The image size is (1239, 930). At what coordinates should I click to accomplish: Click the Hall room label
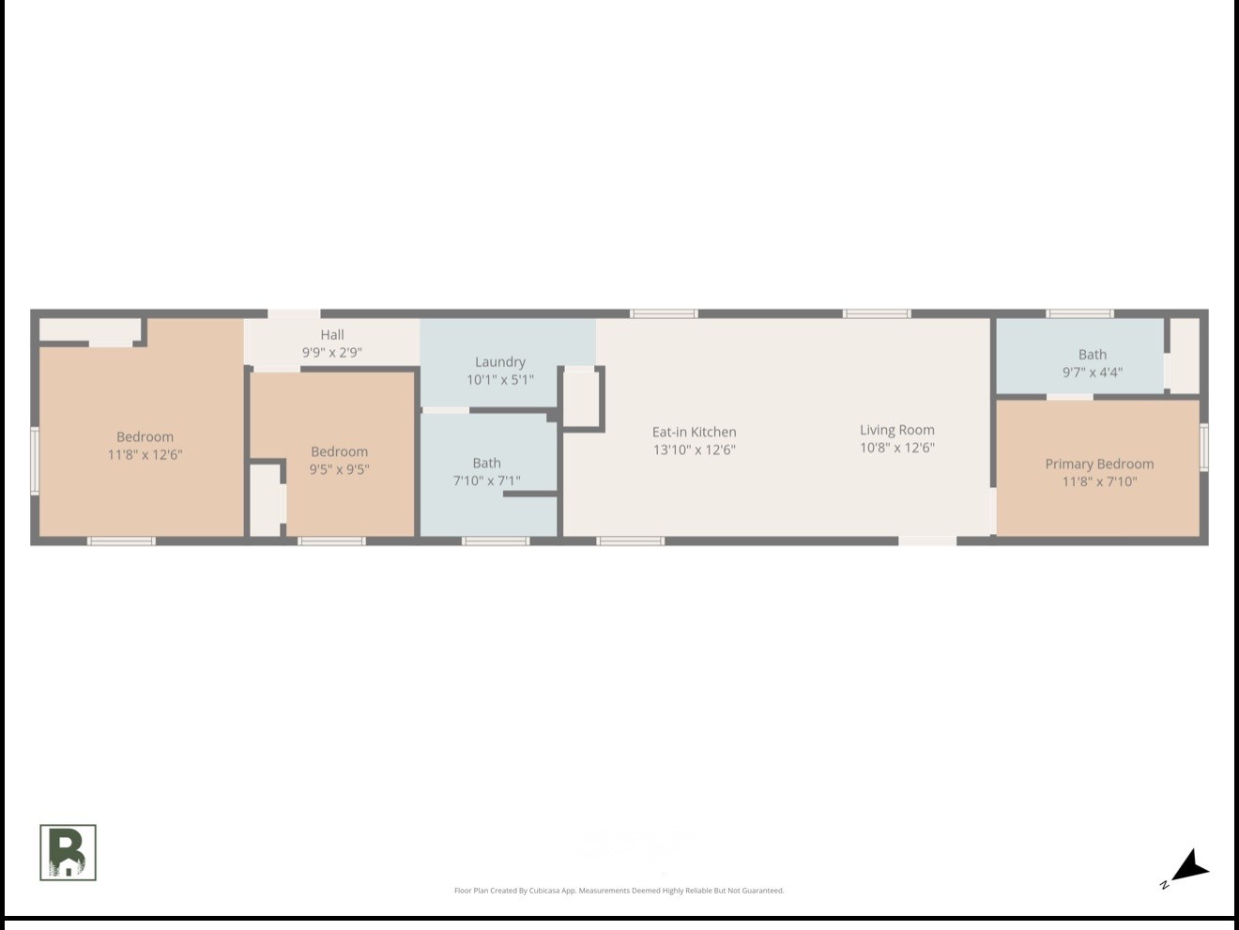pyautogui.click(x=332, y=335)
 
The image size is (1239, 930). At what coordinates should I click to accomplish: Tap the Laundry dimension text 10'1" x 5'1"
pyautogui.click(x=500, y=380)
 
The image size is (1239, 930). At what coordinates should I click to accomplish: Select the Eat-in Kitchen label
pyautogui.click(x=695, y=432)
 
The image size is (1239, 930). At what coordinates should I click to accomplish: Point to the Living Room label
pyautogui.click(x=897, y=430)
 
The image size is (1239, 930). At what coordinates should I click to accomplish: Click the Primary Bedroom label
pyautogui.click(x=1099, y=464)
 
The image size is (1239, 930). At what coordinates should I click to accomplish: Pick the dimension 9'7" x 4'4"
pyautogui.click(x=1093, y=373)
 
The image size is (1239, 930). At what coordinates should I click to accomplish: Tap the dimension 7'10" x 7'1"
pyautogui.click(x=486, y=480)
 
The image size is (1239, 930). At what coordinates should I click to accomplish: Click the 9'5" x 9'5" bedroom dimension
pyautogui.click(x=339, y=469)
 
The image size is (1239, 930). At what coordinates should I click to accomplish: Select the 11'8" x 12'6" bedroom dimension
pyautogui.click(x=145, y=454)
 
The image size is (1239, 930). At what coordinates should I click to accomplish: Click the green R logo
pyautogui.click(x=68, y=852)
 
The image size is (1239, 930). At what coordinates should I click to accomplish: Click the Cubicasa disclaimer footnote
pyautogui.click(x=619, y=891)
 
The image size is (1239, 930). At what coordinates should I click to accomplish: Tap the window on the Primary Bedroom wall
pyautogui.click(x=1203, y=448)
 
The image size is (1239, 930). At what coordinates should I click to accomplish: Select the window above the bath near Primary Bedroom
pyautogui.click(x=1079, y=313)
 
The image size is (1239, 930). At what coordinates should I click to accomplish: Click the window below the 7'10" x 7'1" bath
pyautogui.click(x=496, y=541)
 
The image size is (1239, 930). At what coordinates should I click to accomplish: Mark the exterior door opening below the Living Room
pyautogui.click(x=927, y=541)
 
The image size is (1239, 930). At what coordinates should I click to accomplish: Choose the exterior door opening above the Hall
pyautogui.click(x=294, y=313)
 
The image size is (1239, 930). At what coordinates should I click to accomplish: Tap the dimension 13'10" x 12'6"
pyautogui.click(x=695, y=450)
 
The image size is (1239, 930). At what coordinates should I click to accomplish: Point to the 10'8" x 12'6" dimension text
pyautogui.click(x=897, y=448)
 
